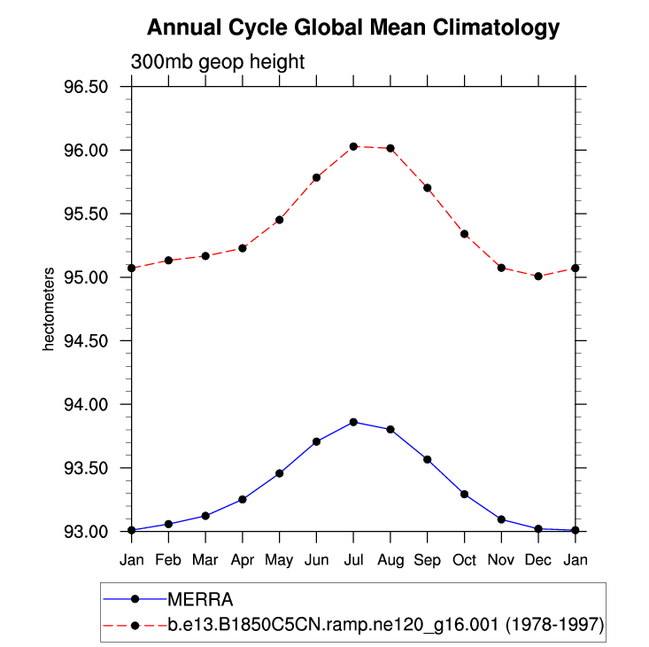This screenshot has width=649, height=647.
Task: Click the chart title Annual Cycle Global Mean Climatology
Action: pyautogui.click(x=353, y=28)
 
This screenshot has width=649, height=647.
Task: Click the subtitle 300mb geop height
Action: pyautogui.click(x=218, y=62)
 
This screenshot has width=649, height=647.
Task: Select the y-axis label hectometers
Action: pyautogui.click(x=50, y=308)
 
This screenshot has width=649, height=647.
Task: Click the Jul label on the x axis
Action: pyautogui.click(x=353, y=560)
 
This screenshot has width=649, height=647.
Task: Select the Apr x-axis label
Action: pyautogui.click(x=242, y=560)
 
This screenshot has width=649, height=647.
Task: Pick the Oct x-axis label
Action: pyautogui.click(x=465, y=560)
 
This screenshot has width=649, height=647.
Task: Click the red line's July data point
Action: pyautogui.click(x=353, y=146)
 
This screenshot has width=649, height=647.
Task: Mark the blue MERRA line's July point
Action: pyautogui.click(x=353, y=422)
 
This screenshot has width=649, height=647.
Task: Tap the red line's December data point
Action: pyautogui.click(x=539, y=277)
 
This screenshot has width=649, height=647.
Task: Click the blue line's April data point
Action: pyautogui.click(x=242, y=500)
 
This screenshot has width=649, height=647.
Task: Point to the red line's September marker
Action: pyautogui.click(x=428, y=188)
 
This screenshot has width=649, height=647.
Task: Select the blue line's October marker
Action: pyautogui.click(x=465, y=494)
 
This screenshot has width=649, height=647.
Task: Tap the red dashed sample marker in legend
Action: pyautogui.click(x=135, y=624)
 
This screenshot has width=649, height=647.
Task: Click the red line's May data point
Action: pyautogui.click(x=279, y=220)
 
